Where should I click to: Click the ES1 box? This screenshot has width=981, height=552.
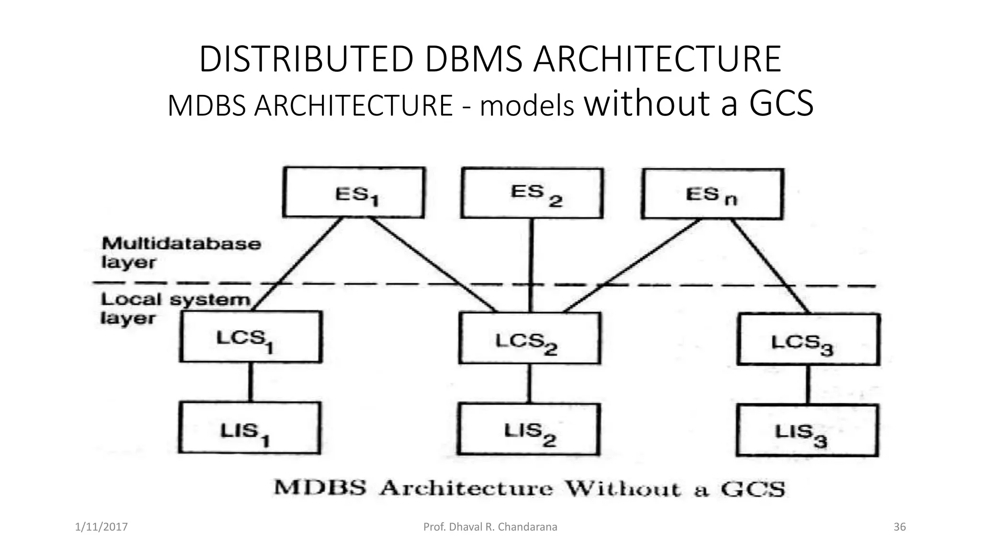[354, 193]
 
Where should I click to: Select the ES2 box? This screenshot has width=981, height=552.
[532, 193]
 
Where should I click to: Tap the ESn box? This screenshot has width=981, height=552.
[712, 194]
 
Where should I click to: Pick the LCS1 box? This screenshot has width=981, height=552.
[251, 337]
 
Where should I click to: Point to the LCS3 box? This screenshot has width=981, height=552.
[808, 340]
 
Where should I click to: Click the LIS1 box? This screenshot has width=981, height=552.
[250, 428]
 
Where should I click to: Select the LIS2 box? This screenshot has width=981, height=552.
[528, 429]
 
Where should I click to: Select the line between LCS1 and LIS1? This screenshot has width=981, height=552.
[250, 382]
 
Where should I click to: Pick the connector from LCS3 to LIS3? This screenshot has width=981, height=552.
[808, 385]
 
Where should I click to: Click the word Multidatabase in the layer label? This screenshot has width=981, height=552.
[182, 243]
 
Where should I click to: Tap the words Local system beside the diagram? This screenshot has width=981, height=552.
[175, 299]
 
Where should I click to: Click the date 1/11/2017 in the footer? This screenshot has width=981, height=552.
[102, 527]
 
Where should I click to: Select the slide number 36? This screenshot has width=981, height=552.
[900, 527]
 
